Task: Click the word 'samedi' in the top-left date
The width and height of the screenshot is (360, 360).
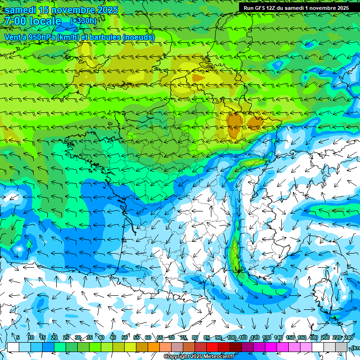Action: [x=20, y=10]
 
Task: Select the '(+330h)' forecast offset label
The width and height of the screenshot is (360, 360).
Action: [x=83, y=21]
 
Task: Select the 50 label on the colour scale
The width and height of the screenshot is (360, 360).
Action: [x=125, y=337]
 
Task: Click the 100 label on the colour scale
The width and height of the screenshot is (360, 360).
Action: [x=232, y=337]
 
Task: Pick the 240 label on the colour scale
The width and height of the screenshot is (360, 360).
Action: [x=349, y=337]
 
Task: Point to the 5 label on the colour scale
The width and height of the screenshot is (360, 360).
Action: [x=18, y=337]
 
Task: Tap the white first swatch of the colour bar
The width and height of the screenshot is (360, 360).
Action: [x=13, y=347]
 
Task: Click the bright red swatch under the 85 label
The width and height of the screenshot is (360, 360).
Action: [x=212, y=347]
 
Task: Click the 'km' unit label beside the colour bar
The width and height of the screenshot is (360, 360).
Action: [x=356, y=347]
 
